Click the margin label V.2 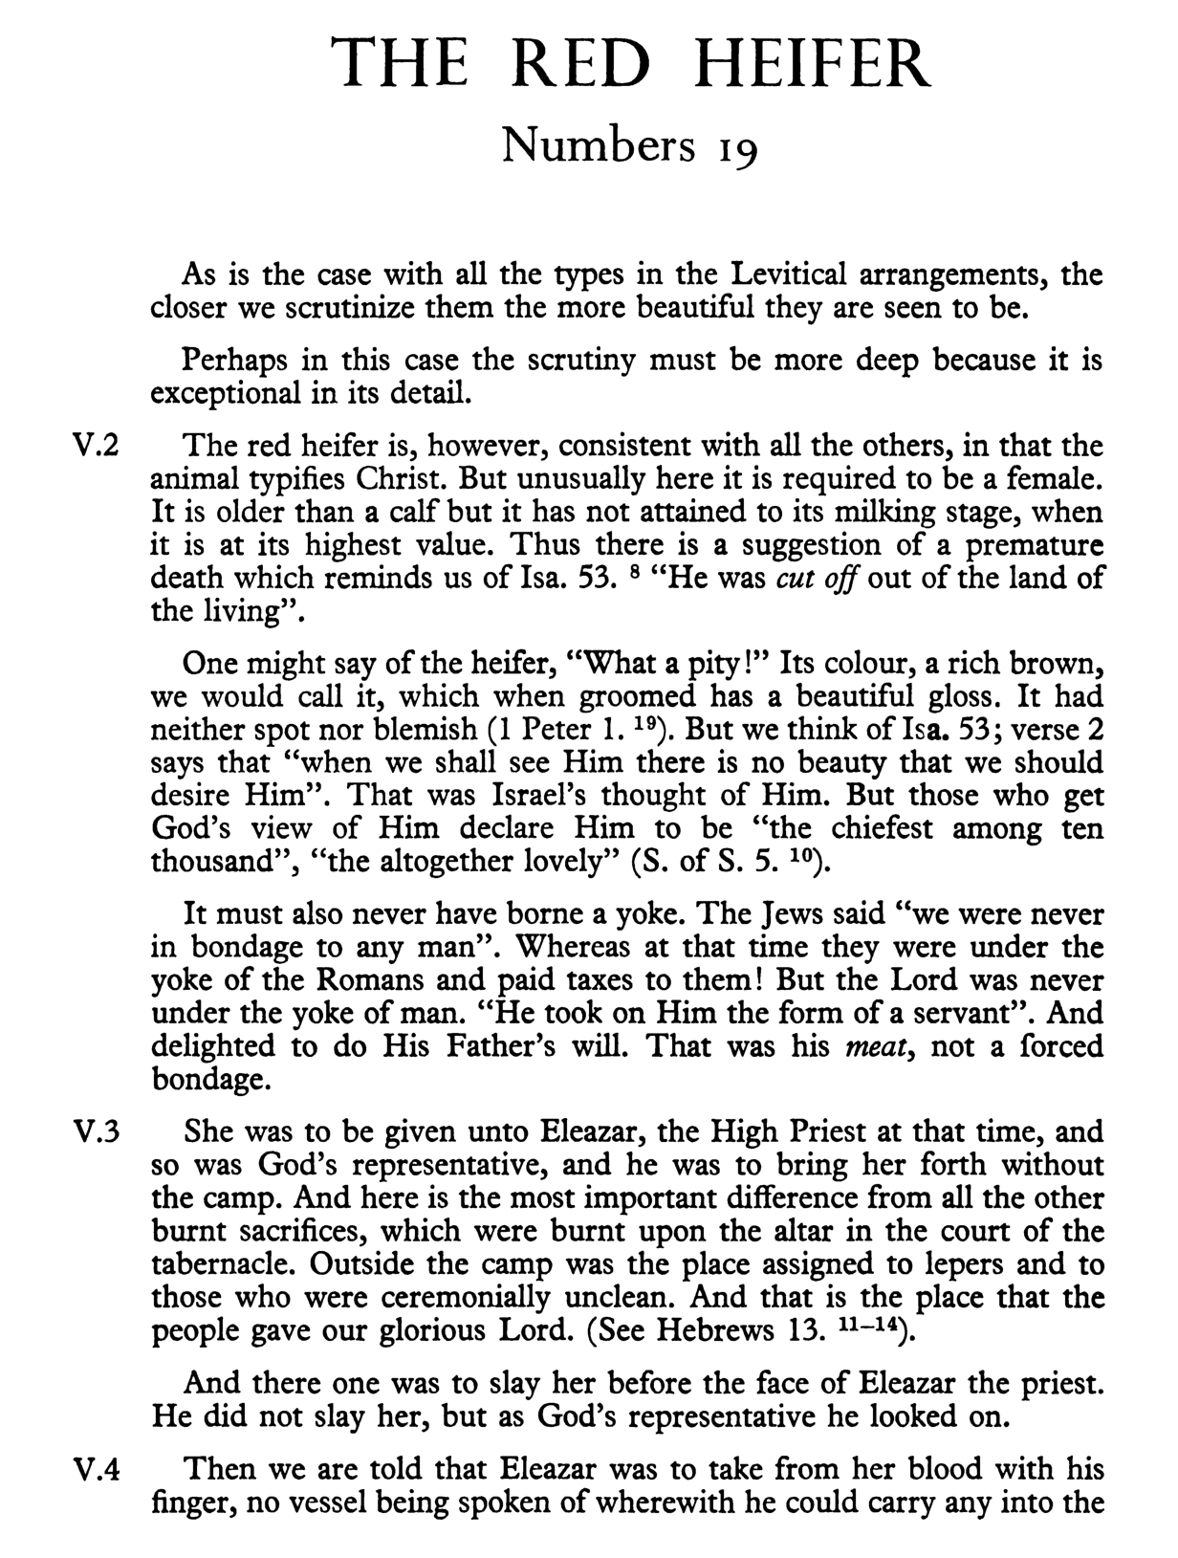pos(97,447)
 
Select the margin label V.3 pos(97,1132)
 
